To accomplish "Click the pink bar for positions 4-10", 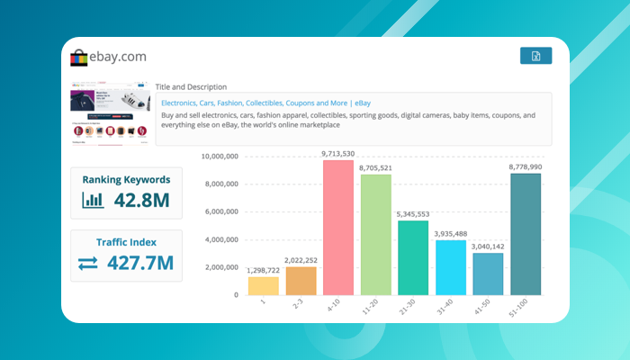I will click(338, 227).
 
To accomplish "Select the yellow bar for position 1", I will click(264, 285).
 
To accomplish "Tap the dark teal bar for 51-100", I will click(526, 234).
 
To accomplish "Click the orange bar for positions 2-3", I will click(301, 281).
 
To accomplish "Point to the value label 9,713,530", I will click(338, 154).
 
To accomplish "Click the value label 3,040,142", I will click(488, 247).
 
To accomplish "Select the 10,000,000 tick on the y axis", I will click(219, 157).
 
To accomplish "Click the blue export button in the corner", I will click(535, 56).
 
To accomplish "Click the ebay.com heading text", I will click(117, 57).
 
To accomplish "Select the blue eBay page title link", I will click(265, 103).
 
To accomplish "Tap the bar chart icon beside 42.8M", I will click(93, 200).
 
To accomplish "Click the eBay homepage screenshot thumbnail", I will click(111, 114).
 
